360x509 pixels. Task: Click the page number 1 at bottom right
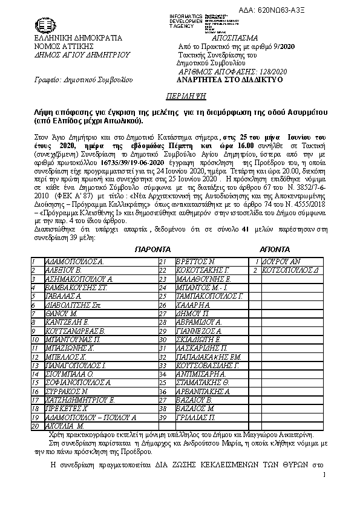[324, 475]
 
